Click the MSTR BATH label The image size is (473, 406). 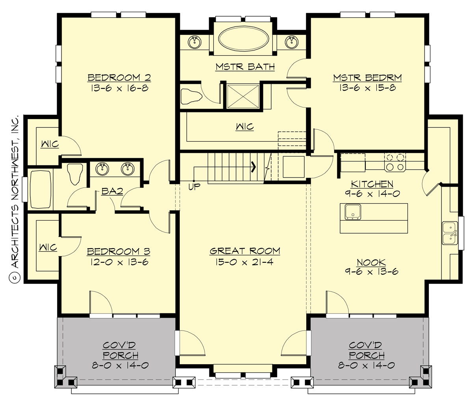coord(245,67)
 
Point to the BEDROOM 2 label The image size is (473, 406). coord(119,77)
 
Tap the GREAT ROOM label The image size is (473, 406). coord(245,251)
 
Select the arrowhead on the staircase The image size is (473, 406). coord(254,167)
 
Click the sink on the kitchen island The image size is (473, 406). coord(354,212)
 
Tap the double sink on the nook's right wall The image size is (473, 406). coord(449,233)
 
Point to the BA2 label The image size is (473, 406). coord(112,192)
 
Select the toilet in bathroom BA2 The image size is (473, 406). coord(74,174)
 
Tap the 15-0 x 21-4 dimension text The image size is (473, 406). coord(245,262)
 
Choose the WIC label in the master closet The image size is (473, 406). coord(245,127)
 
